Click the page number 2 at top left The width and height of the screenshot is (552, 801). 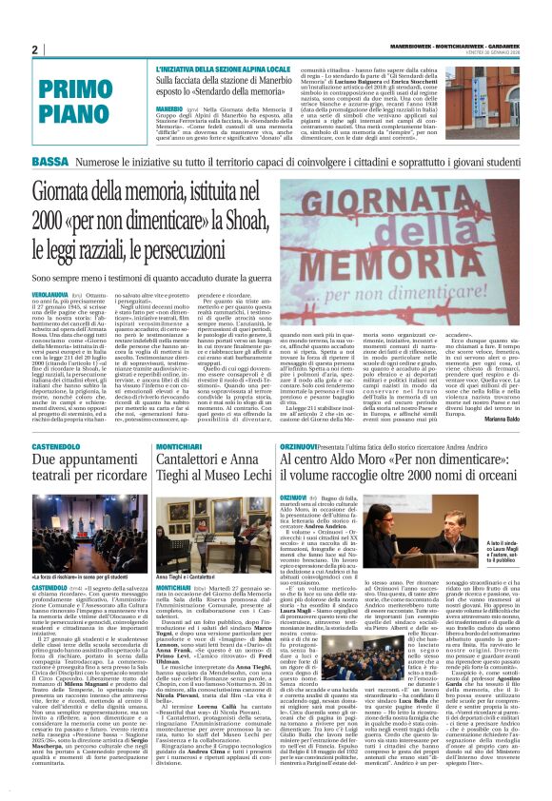point(34,49)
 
